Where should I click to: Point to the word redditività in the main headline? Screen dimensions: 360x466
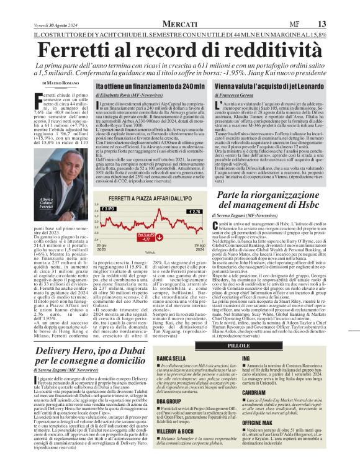point(273,31)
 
